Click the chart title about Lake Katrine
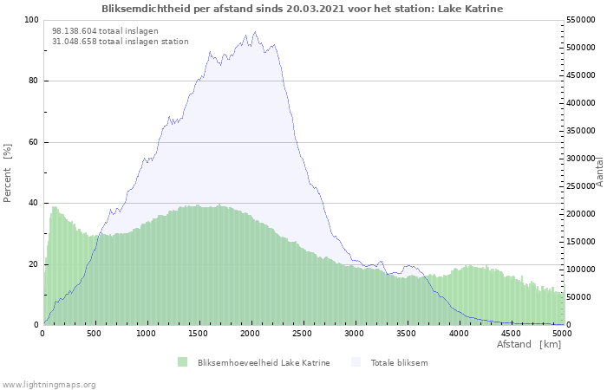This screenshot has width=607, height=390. (x=302, y=9)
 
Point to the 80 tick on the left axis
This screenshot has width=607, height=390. (x=34, y=81)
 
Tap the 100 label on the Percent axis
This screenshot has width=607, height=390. (x=31, y=20)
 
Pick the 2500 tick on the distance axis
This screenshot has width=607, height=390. (x=303, y=333)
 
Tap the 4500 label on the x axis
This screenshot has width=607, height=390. (x=510, y=333)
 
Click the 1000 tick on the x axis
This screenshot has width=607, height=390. (x=147, y=333)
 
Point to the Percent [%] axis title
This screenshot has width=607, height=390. (x=8, y=173)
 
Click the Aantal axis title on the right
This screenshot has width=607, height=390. (x=599, y=172)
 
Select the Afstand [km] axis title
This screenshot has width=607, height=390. (x=529, y=345)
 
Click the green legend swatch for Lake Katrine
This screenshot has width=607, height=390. (x=182, y=362)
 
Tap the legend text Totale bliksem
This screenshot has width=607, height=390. (x=399, y=362)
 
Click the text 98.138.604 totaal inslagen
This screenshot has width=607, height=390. (x=105, y=30)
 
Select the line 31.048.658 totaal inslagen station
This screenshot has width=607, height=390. (x=120, y=41)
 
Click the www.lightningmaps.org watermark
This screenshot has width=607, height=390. (x=49, y=384)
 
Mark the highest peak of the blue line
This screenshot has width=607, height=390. (x=255, y=32)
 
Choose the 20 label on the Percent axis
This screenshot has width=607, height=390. (x=34, y=264)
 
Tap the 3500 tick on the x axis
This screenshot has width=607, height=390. (x=407, y=333)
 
